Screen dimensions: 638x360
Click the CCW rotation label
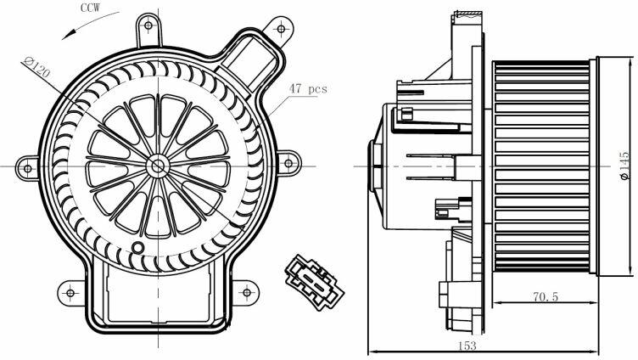tap(90, 8)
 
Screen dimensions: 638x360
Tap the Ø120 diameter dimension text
tap(36, 68)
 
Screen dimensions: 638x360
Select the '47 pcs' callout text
tap(308, 88)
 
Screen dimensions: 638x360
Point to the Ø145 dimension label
tap(624, 166)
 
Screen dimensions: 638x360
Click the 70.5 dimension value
tap(546, 296)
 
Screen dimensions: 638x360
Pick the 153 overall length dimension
tap(467, 346)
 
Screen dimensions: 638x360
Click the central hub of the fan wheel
tap(158, 166)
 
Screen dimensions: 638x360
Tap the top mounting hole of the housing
tap(148, 25)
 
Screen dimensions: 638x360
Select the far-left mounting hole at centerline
tap(28, 168)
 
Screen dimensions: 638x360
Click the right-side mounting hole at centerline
tap(288, 164)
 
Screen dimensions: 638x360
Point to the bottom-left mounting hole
tap(70, 293)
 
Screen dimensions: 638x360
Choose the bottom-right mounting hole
tap(247, 292)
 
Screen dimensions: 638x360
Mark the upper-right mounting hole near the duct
tap(281, 29)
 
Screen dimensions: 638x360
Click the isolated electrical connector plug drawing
tap(314, 282)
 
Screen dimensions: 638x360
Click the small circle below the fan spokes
tap(138, 247)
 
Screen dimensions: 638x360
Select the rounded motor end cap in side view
tap(375, 166)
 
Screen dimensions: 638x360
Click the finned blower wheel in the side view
tap(540, 166)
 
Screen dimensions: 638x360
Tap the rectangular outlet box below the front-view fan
tap(158, 294)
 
